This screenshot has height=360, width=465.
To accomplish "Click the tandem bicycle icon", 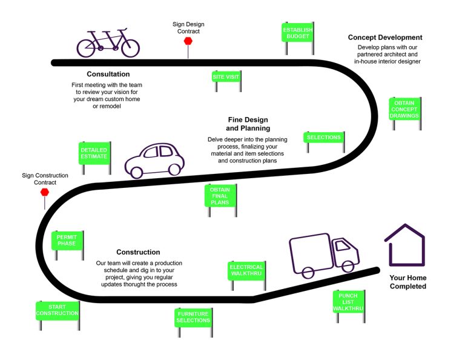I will (x=108, y=42).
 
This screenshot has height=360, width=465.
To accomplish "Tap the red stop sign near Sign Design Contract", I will (x=188, y=41).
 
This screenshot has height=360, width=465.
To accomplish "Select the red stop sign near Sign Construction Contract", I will (x=44, y=192).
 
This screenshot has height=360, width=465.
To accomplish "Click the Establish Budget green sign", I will (x=298, y=32).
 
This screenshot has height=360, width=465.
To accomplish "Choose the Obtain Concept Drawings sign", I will (x=404, y=108).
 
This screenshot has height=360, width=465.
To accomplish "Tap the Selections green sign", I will (x=324, y=138).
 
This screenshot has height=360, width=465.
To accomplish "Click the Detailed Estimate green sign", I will (x=94, y=152).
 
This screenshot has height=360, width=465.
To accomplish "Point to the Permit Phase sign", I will (x=67, y=239).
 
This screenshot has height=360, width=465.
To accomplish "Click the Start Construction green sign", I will (x=57, y=310).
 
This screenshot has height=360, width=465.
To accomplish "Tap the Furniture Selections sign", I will (x=193, y=317).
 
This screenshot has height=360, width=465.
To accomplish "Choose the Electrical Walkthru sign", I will (x=246, y=270).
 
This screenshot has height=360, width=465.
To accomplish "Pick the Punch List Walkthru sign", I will (x=348, y=301).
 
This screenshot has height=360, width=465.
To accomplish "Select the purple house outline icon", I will (x=404, y=245).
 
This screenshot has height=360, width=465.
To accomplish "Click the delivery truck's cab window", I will (x=343, y=246).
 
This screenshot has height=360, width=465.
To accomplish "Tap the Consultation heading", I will (x=108, y=74).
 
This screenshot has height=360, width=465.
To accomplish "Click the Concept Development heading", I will (x=385, y=38).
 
